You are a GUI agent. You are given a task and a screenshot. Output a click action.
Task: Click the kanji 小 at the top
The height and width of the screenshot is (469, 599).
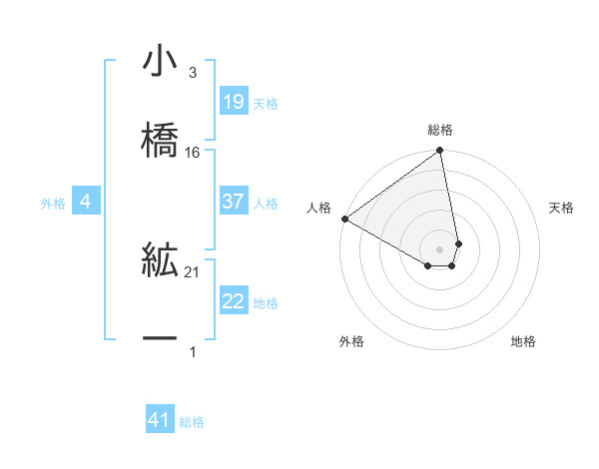[161, 63]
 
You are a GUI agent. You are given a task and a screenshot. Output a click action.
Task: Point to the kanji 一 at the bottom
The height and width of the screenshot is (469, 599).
[161, 338]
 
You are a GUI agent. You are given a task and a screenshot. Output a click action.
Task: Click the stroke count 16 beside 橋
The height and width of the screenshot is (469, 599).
[193, 153]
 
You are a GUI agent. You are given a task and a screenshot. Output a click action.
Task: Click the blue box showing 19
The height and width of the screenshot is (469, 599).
[233, 102]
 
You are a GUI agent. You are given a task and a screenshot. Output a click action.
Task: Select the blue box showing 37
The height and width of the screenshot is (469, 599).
[233, 202]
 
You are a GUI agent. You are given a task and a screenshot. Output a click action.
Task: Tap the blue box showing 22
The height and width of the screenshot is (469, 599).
[233, 301]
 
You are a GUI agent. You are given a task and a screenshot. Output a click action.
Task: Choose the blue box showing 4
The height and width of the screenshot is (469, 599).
[85, 202]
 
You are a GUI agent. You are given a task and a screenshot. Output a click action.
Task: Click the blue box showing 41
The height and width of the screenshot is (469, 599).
[160, 421]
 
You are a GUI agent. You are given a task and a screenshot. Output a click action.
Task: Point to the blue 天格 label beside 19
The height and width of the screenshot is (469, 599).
[266, 104]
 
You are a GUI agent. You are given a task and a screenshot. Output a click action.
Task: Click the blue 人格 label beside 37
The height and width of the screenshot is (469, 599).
[266, 204]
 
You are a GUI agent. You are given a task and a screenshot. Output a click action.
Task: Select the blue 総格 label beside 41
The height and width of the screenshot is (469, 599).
[192, 423]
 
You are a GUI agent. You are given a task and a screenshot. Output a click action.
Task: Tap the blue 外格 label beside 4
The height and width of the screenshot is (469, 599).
[53, 204]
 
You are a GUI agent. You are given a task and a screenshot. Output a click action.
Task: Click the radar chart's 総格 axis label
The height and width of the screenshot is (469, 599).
[440, 131]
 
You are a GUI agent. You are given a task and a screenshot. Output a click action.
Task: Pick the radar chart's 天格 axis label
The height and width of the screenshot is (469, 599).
[562, 208]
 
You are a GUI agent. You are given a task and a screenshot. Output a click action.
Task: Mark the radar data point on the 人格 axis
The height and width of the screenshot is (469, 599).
[344, 219]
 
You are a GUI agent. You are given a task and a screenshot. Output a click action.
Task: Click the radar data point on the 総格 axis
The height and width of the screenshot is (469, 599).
[440, 152]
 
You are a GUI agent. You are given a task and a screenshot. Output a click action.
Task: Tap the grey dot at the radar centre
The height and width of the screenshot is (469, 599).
[440, 248]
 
